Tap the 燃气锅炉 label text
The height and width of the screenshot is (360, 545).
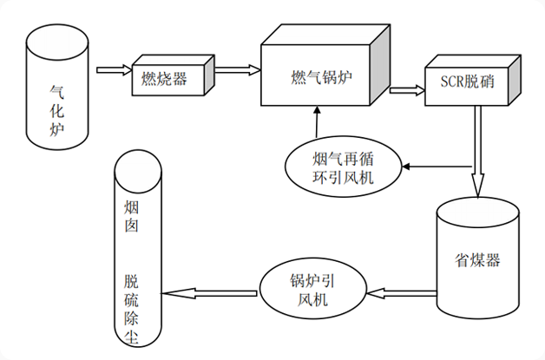point(325,76)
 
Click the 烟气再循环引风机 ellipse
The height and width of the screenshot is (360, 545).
point(344,167)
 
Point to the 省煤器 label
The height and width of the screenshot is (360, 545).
point(477,259)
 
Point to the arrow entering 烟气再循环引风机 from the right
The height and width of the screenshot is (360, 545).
point(439,165)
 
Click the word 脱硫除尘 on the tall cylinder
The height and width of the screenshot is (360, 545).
point(132,309)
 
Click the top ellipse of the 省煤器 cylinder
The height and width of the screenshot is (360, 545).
point(477,210)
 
